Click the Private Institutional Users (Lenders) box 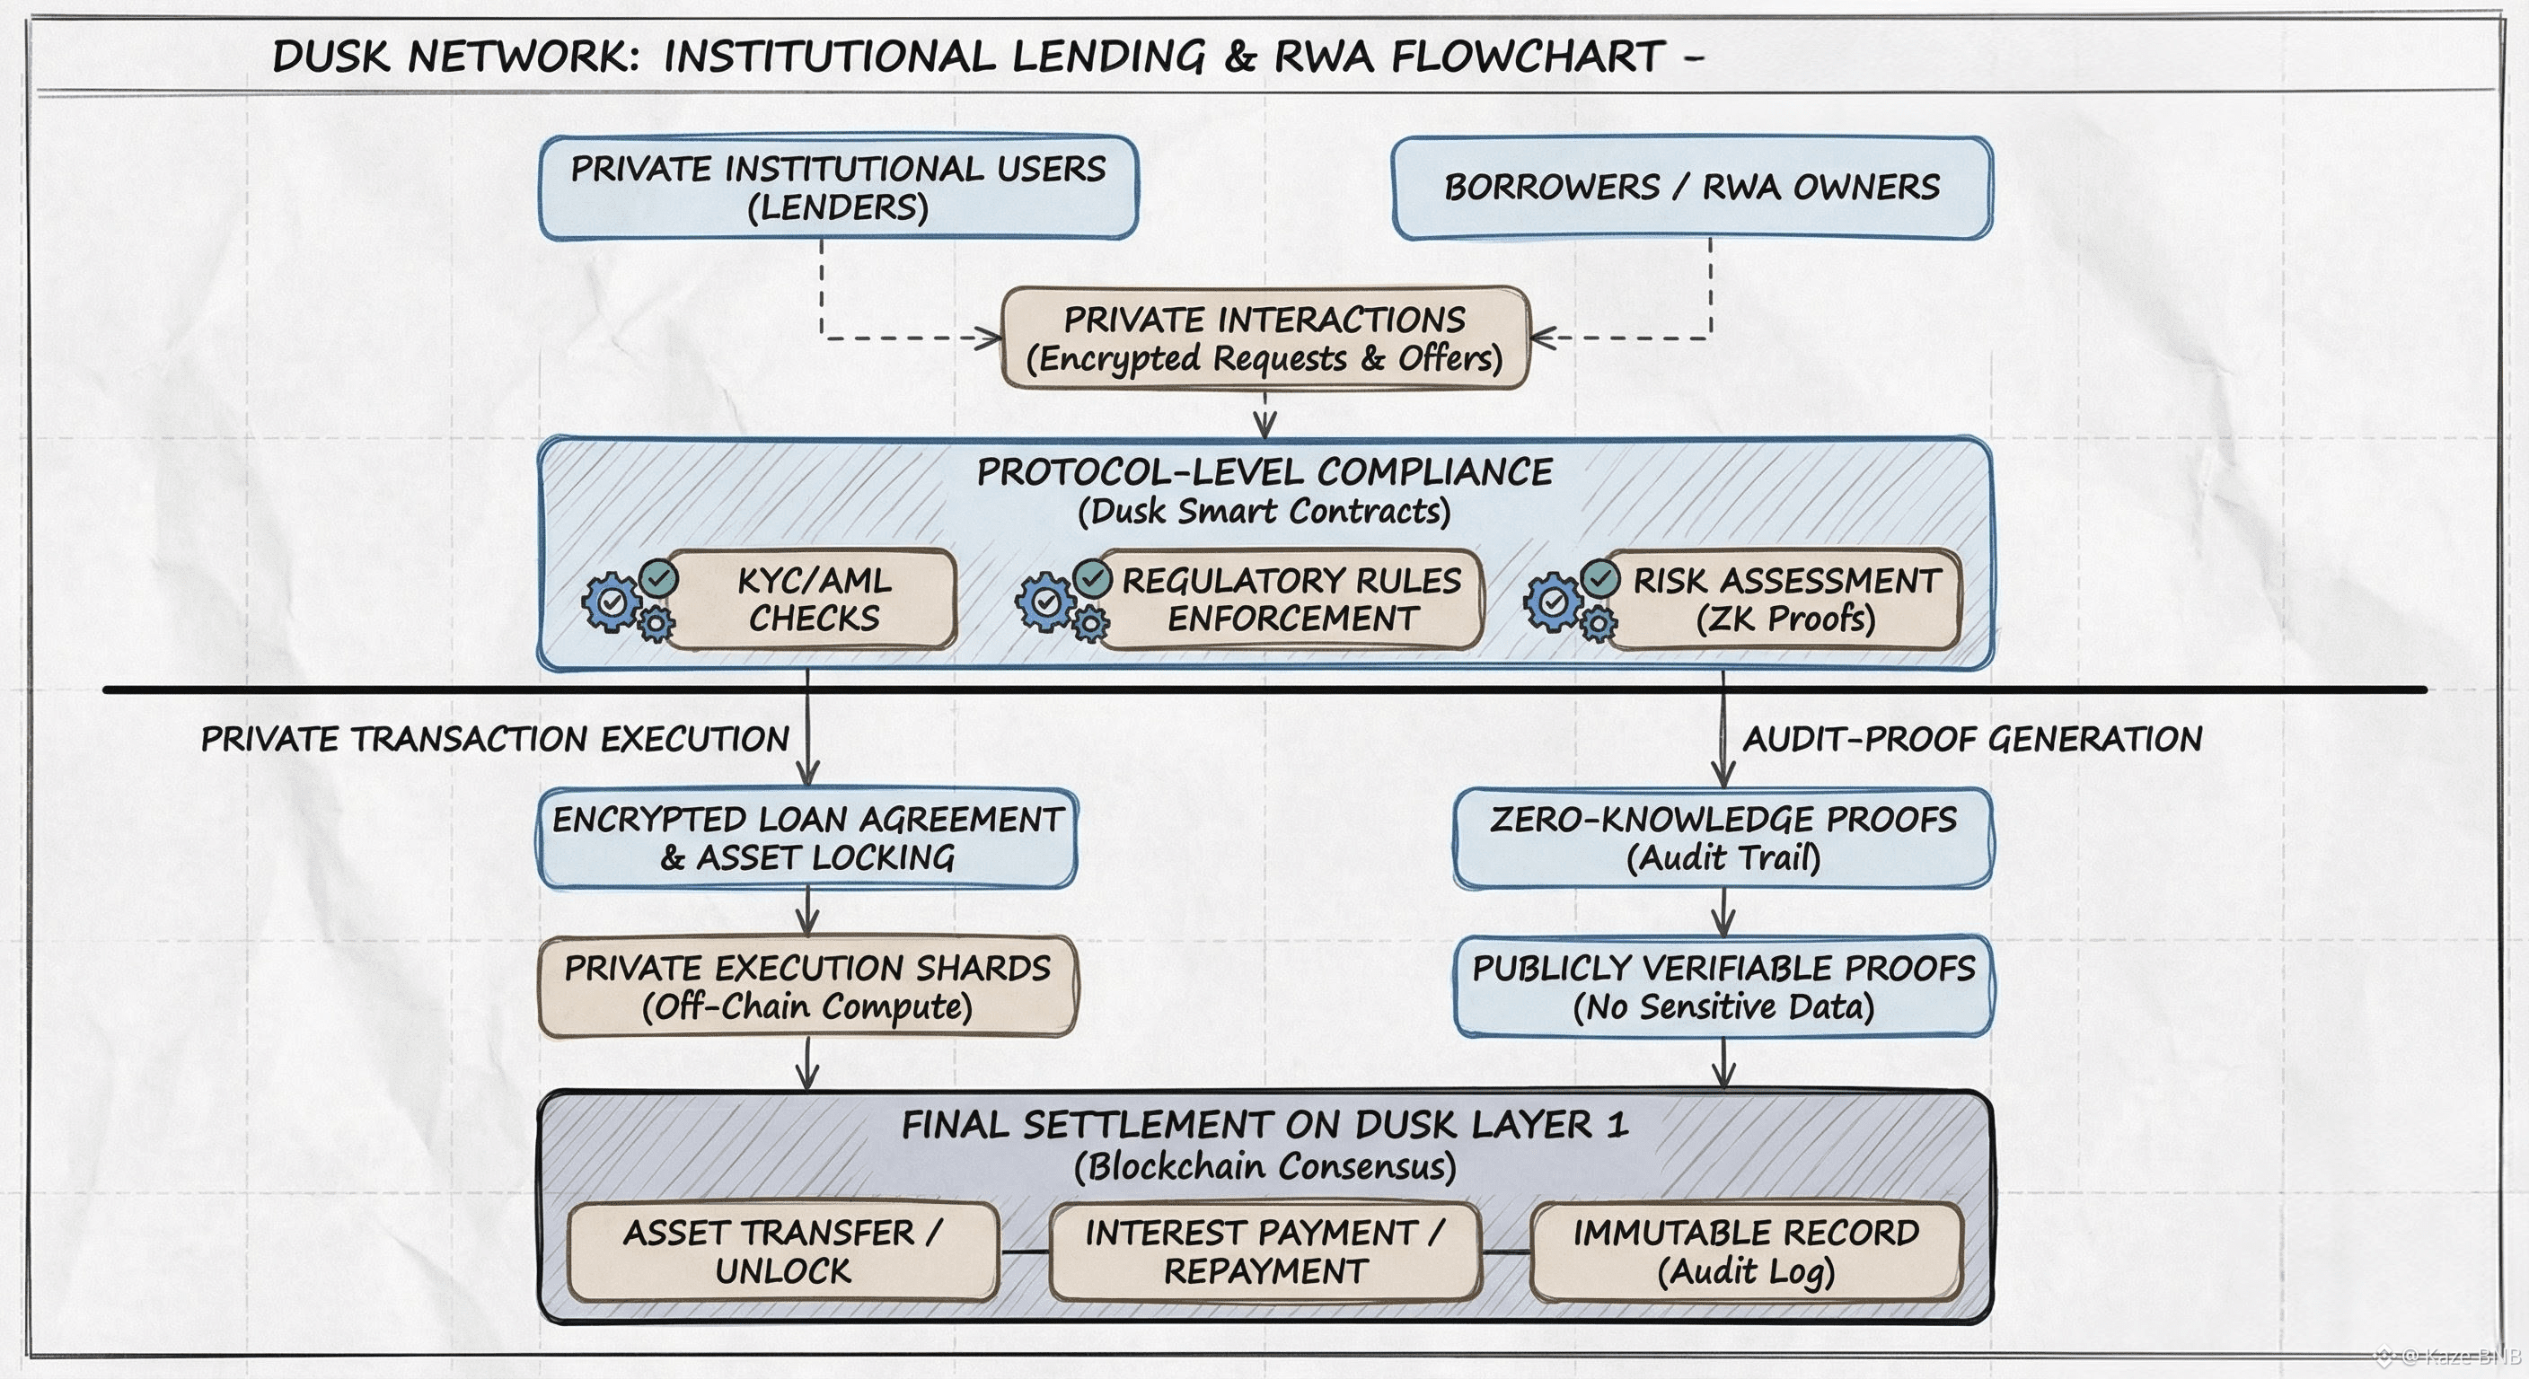tap(839, 188)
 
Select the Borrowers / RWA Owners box tap(1692, 188)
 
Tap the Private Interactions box tap(1264, 338)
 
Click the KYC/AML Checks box tap(814, 599)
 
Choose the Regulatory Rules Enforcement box tap(1291, 599)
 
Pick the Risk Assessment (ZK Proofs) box tap(1784, 599)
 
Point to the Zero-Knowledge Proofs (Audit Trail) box tap(1723, 839)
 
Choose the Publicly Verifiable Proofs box tap(1723, 987)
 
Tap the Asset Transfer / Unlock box tap(782, 1252)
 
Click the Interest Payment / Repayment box tap(1264, 1252)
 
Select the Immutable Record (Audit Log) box tap(1746, 1252)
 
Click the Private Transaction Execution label tap(495, 739)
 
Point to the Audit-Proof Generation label tap(1972, 739)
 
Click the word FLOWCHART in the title tap(1527, 57)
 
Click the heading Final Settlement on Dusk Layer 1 tap(1264, 1125)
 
